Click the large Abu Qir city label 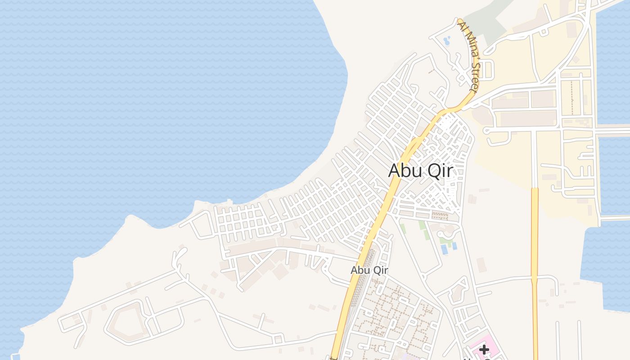point(420,171)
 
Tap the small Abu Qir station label point(369,270)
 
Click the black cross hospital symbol point(484,349)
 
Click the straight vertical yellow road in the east point(535,270)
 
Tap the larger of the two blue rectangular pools point(445,249)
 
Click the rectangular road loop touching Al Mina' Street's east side point(488,70)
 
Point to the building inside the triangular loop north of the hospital point(458,292)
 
